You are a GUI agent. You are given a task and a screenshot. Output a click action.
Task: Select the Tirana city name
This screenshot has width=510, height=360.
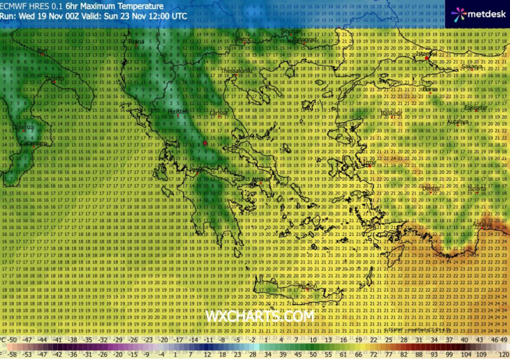pos(137,42)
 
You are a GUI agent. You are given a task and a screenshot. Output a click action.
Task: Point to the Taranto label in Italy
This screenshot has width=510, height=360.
pos(53,78)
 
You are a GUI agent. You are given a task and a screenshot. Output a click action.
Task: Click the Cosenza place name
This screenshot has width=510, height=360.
pos(24,127)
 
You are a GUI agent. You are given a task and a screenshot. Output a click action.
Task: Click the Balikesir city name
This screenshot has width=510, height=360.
pos(392,114)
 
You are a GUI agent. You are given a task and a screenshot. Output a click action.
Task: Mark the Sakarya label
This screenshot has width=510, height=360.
pos(471,67)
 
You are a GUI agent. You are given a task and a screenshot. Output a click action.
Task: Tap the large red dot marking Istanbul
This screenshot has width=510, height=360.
pos(427,59)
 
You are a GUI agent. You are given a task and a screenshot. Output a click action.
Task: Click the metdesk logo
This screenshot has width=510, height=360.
pos(478,13)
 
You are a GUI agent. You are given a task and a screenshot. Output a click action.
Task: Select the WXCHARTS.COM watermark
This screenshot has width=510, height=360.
pos(259,317)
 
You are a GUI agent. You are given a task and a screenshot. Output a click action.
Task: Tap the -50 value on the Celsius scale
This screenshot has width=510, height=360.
pos(13,339)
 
